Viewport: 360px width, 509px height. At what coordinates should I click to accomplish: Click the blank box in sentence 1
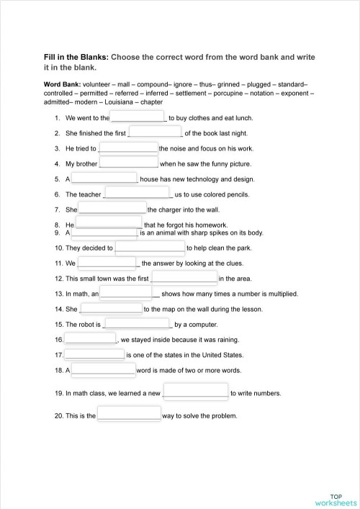[x=138, y=117]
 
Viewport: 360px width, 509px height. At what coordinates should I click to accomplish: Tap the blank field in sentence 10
[x=150, y=248]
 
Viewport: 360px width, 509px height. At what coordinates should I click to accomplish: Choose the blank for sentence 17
[x=94, y=354]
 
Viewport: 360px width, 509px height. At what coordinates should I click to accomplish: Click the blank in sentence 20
[x=129, y=415]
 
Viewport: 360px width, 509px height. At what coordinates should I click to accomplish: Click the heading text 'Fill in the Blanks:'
[x=76, y=56]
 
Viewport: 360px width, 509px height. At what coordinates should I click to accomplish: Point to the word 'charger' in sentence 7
[x=168, y=210]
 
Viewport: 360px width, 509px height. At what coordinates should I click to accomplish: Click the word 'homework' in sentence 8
[x=212, y=225]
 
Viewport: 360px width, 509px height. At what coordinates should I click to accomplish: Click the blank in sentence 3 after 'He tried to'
[x=128, y=148]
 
